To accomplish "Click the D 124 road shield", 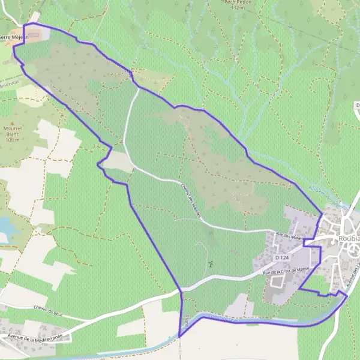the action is point(282,257).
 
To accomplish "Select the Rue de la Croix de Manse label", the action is point(286,271).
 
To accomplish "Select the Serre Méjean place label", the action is point(13,37).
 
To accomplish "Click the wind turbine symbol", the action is point(210,262).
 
